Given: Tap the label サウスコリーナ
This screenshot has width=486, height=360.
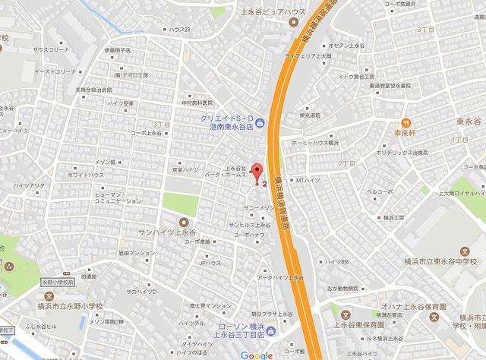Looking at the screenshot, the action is pyautogui.click(x=49, y=49).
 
